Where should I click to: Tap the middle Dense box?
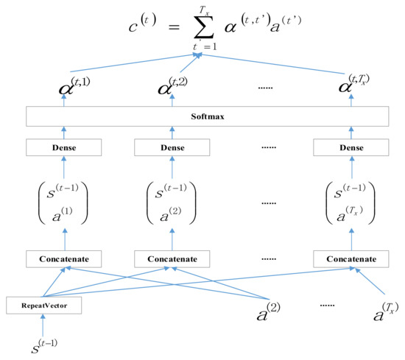pyautogui.click(x=172, y=147)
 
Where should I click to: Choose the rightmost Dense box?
pyautogui.click(x=351, y=147)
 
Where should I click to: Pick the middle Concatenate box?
pyautogui.click(x=172, y=259)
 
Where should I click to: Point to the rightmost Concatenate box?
pyautogui.click(x=351, y=259)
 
